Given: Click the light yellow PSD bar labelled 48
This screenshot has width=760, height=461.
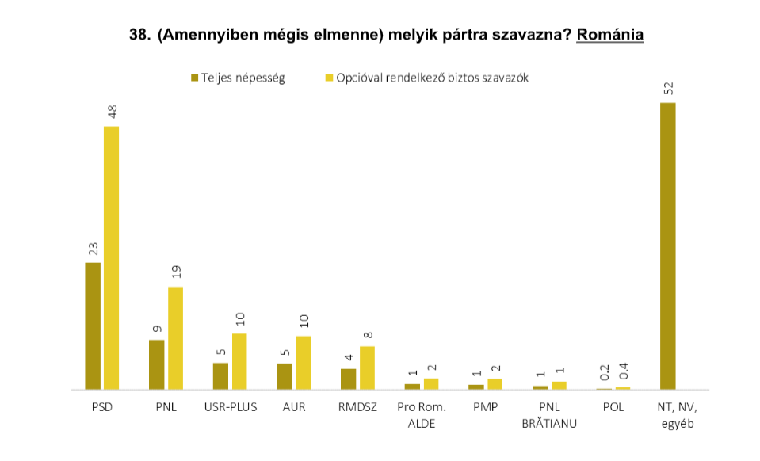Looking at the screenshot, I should click(112, 257).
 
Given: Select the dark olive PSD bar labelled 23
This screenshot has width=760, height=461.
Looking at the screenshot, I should click(93, 326).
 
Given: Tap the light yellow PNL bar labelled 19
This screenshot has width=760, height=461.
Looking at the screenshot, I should click(175, 338).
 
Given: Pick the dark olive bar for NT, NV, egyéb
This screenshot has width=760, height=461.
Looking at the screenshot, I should click(668, 246).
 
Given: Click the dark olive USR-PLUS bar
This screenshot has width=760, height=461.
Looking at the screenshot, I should click(220, 376).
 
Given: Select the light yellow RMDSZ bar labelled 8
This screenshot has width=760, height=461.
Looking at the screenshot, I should click(367, 368).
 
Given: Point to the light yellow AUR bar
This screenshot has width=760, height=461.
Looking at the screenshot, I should click(303, 363).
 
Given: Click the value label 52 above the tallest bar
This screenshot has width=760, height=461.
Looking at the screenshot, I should click(668, 87).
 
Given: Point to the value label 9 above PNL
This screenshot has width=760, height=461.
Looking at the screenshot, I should click(157, 328).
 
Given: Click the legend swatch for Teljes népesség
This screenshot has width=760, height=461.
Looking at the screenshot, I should click(194, 78).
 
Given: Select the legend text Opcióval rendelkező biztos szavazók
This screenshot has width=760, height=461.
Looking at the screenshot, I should click(432, 78).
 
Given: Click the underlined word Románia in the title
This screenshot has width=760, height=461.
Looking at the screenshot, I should click(609, 36).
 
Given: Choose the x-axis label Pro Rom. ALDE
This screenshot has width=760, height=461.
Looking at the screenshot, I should click(422, 415).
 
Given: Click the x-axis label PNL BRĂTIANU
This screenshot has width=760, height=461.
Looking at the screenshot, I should click(548, 415).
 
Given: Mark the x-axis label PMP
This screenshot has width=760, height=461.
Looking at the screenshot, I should click(485, 408).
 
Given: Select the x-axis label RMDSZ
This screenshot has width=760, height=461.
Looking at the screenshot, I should click(357, 408).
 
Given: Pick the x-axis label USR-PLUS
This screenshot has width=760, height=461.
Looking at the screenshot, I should click(230, 408).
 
